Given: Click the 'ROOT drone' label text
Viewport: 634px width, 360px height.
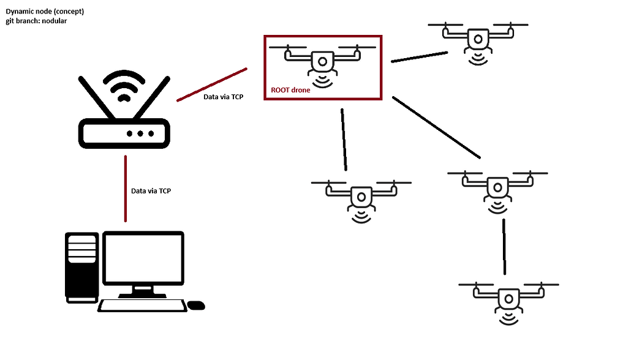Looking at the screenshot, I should click(290, 90).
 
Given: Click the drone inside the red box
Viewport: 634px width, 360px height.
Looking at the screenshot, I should click(322, 61).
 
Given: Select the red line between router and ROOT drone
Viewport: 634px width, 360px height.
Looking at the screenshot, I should click(212, 84).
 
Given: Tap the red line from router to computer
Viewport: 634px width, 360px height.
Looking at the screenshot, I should click(126, 188).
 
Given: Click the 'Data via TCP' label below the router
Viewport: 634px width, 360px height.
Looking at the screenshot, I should click(151, 191).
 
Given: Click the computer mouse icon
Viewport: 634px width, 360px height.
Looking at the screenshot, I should click(196, 305).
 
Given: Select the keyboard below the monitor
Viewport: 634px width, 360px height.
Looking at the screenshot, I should click(143, 305).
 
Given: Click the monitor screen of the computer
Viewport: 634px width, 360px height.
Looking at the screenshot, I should click(143, 258).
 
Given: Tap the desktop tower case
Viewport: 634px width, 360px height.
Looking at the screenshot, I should click(81, 266).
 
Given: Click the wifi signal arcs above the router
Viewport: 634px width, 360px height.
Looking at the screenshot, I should click(124, 86).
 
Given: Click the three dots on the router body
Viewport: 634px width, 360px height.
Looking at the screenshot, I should click(140, 133).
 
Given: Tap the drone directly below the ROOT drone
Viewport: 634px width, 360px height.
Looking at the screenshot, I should click(361, 197).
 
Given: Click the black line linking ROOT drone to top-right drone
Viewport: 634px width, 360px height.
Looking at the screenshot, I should click(419, 56).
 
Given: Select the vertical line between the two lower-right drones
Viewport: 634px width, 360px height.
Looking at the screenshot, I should click(504, 246).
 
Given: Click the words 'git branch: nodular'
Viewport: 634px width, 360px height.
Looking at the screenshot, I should click(36, 21).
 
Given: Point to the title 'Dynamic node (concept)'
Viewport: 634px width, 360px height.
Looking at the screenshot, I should click(45, 12).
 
